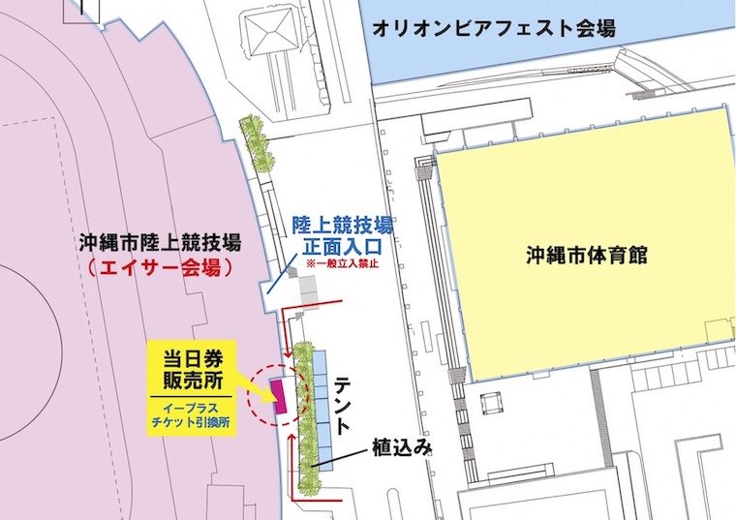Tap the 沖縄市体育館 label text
coord(586,257)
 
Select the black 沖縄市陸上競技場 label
coord(162,242)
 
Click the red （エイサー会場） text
coord(162,267)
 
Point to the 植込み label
coord(399,449)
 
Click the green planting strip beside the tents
coord(303,407)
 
